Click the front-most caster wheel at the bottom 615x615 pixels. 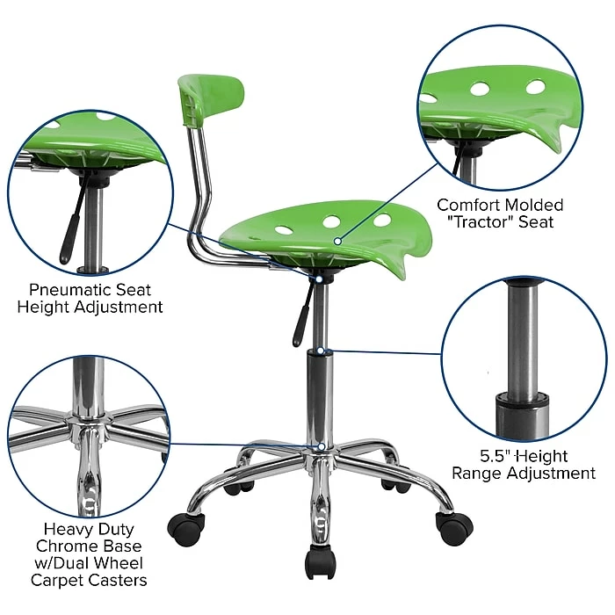(321, 562)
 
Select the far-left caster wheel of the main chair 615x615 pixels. (186, 528)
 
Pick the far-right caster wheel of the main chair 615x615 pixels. (454, 528)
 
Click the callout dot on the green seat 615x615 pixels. (337, 242)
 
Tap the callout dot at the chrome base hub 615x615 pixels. (322, 446)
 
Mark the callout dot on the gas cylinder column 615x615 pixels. (322, 351)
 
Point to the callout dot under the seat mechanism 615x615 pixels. (320, 279)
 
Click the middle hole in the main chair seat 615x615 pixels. (331, 221)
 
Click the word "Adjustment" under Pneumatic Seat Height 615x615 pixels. (118, 307)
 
